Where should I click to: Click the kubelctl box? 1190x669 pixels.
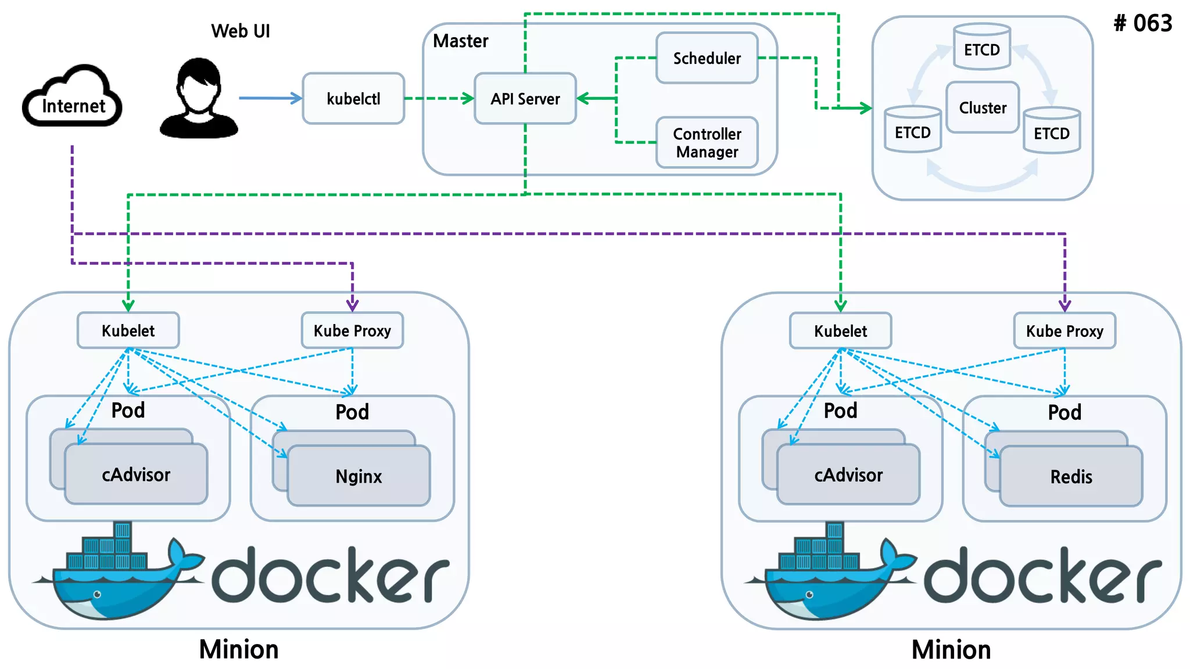coord(353,99)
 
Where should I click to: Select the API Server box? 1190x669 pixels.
coord(525,99)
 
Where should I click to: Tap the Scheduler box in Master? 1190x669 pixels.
coord(707,58)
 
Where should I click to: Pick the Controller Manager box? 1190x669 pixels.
coord(707,143)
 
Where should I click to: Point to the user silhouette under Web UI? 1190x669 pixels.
coord(199,99)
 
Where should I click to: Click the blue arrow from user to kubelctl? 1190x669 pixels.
coord(270,98)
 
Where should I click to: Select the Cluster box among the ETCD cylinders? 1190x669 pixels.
coord(983,107)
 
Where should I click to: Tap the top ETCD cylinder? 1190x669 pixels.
coord(982,48)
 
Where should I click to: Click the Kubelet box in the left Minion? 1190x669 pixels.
coord(128,331)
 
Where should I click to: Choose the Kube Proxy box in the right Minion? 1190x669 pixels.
coord(1064,331)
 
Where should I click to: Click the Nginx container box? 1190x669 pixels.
coord(359,476)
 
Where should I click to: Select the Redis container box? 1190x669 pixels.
coord(1071,477)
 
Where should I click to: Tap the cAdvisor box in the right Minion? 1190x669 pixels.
coord(848,475)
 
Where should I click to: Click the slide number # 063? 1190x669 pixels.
coord(1142,23)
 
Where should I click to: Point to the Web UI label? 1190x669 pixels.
coord(241,31)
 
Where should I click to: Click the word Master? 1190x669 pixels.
coord(461,41)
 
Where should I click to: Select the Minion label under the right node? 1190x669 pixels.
coord(951,650)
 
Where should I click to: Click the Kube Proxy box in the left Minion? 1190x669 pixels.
coord(352,331)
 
